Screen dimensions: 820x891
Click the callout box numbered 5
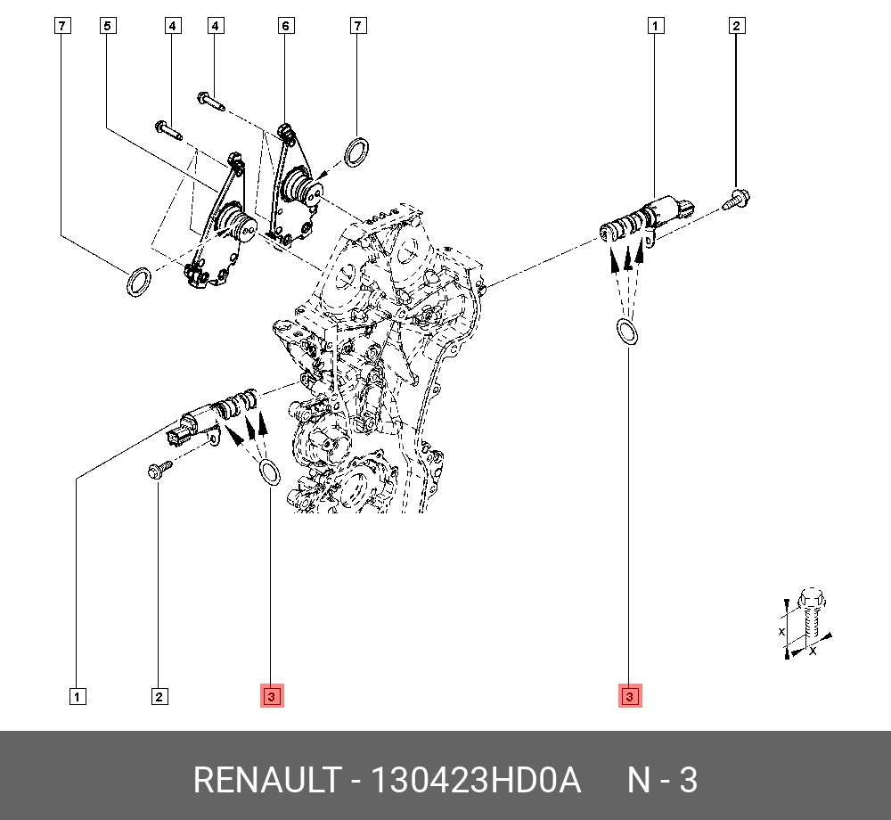pyautogui.click(x=107, y=26)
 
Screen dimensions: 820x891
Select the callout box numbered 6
pyautogui.click(x=285, y=26)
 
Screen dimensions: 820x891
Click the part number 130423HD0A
pyautogui.click(x=475, y=781)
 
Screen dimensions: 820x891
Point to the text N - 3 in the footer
pyautogui.click(x=662, y=781)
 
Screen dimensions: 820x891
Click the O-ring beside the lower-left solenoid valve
pyautogui.click(x=268, y=471)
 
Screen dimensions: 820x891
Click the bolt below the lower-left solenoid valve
pyautogui.click(x=159, y=471)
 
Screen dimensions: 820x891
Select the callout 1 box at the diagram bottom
pyautogui.click(x=78, y=696)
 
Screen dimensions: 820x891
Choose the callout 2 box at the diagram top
pyautogui.click(x=736, y=26)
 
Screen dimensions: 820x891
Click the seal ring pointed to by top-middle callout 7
pyautogui.click(x=356, y=152)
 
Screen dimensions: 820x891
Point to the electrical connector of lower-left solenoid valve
pyautogui.click(x=178, y=437)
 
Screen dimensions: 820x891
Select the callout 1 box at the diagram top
pyautogui.click(x=655, y=26)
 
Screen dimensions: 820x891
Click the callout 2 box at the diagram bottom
pyautogui.click(x=159, y=696)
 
